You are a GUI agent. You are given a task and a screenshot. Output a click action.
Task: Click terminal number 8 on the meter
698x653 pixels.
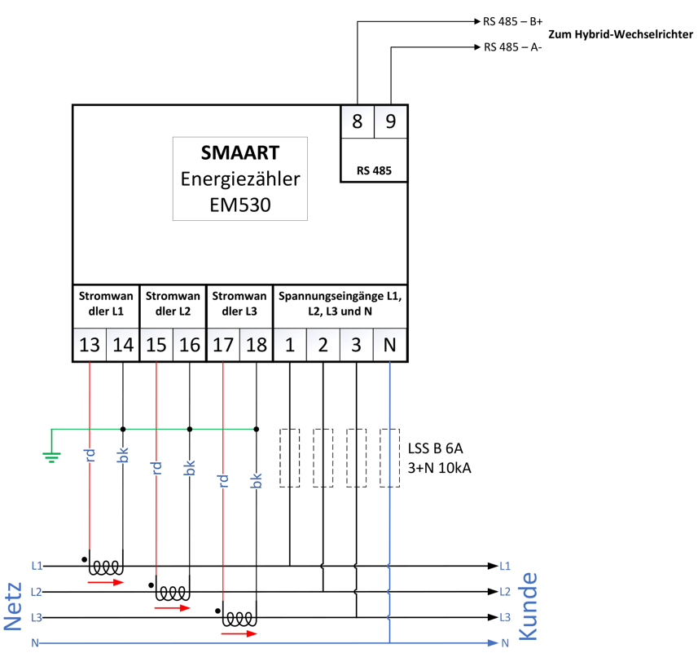pos(357,121)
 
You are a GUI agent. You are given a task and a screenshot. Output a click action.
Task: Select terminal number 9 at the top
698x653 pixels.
pos(390,121)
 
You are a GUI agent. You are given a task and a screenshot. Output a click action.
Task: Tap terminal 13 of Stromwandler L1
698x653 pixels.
pos(90,345)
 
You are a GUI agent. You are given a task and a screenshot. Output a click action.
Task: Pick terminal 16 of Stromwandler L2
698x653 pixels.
pos(189,345)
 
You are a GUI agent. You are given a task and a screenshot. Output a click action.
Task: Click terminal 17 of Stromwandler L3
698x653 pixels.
pos(222,345)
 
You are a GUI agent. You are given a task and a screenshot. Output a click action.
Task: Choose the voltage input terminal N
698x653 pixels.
pos(390,345)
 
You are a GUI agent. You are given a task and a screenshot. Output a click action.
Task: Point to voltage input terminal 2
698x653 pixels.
pos(323,345)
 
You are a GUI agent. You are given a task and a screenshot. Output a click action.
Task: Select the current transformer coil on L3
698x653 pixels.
pos(239,620)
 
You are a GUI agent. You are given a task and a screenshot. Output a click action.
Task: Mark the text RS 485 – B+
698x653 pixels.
pos(512,21)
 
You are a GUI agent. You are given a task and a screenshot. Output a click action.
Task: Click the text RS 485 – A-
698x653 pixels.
pos(512,47)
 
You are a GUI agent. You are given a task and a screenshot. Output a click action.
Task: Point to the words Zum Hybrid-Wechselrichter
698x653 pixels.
pos(621,35)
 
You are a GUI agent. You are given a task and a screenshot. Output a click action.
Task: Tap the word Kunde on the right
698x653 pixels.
pos(528,604)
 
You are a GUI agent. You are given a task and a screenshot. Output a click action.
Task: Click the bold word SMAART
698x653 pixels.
pos(240,153)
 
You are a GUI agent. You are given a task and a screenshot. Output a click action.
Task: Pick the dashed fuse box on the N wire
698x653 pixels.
pos(390,457)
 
